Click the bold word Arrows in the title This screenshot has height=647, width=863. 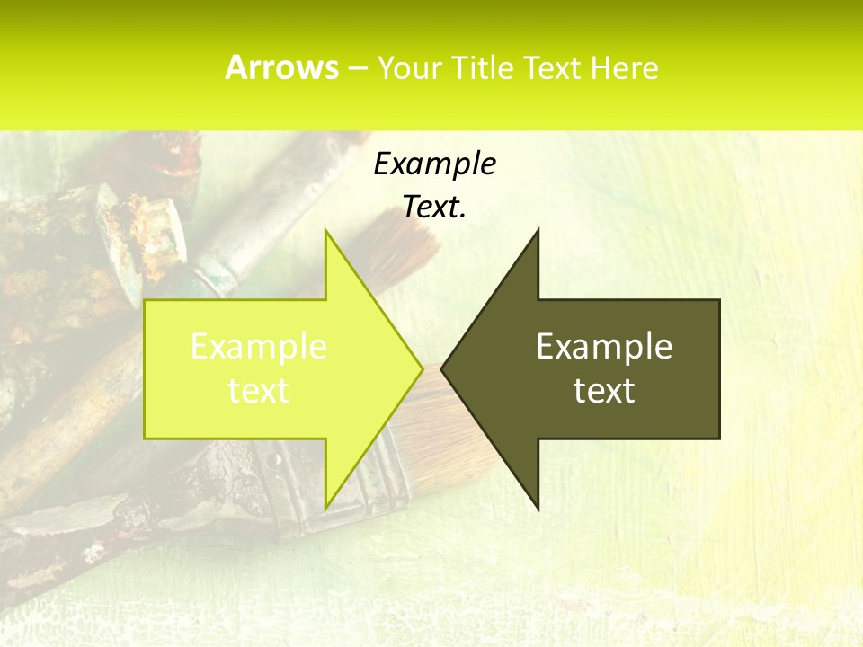pyautogui.click(x=281, y=67)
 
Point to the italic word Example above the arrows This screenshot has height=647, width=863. pyautogui.click(x=434, y=164)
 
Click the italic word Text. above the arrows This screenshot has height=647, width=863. pyautogui.click(x=434, y=207)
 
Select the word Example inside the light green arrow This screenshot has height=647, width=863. pyautogui.click(x=258, y=347)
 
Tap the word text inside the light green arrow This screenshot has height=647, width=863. pyautogui.click(x=258, y=391)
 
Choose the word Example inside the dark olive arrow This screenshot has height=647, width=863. pyautogui.click(x=604, y=347)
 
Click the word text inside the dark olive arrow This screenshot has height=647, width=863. pyautogui.click(x=604, y=391)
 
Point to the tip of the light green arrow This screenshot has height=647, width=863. pyautogui.click(x=423, y=368)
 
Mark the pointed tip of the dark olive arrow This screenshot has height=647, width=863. pyautogui.click(x=441, y=368)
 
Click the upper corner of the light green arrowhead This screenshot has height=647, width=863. pyautogui.click(x=325, y=230)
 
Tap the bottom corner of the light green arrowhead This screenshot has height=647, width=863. pyautogui.click(x=325, y=509)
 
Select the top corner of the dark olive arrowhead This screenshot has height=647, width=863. pyautogui.click(x=538, y=230)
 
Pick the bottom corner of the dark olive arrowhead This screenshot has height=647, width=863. pyautogui.click(x=538, y=509)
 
